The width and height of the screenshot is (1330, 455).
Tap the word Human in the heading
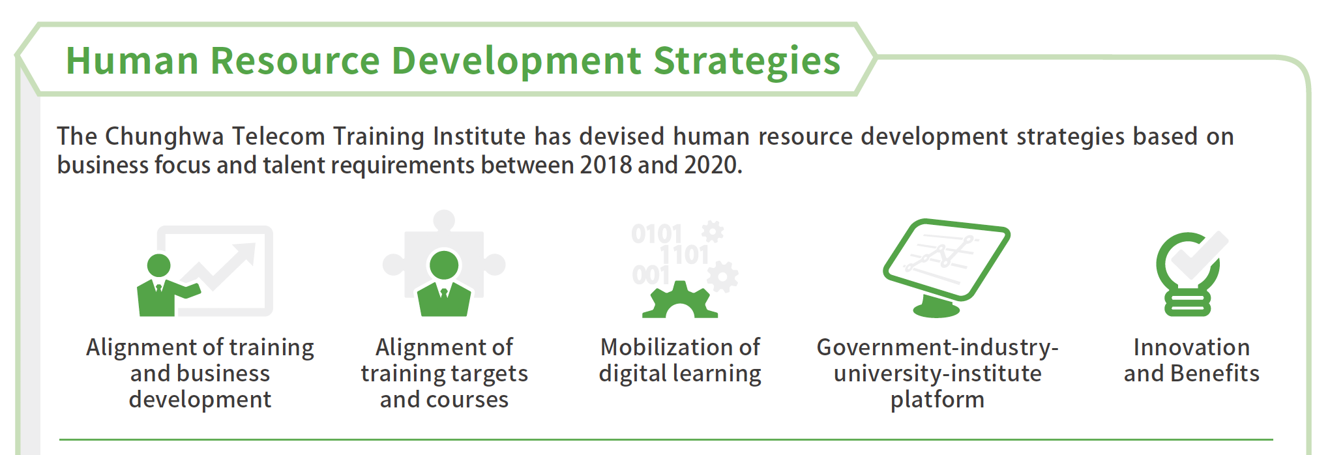tap(132, 61)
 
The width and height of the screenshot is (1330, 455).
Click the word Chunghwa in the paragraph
tap(165, 137)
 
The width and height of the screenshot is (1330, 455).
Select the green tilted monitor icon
tap(946, 267)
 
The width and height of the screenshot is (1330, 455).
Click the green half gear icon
tap(680, 301)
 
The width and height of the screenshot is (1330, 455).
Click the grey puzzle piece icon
tap(444, 254)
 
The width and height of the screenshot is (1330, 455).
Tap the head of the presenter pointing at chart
tap(158, 265)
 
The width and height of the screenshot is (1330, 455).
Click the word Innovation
tap(1192, 347)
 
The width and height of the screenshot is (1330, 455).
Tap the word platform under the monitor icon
tap(938, 400)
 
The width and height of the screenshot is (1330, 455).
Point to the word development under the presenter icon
tap(200, 400)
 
